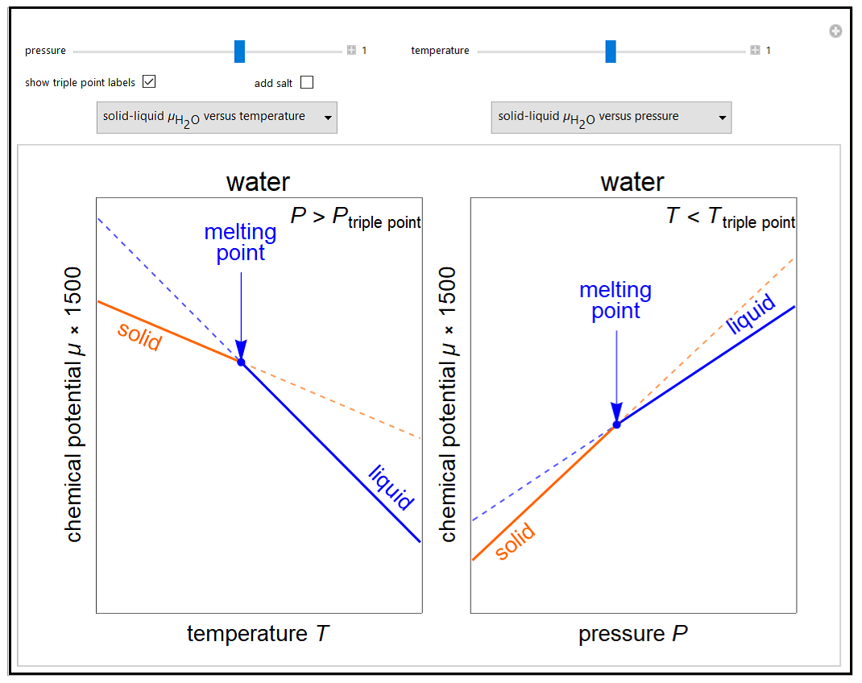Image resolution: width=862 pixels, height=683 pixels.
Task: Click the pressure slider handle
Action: coord(239,51)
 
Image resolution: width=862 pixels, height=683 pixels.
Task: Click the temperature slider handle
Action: coord(611,51)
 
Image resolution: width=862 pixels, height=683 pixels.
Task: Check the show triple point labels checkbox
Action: coord(148,81)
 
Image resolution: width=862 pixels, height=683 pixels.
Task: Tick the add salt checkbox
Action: coord(307,82)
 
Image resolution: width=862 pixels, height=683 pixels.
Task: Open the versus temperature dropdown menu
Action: coord(217,118)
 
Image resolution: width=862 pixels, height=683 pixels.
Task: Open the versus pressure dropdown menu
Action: coord(611,118)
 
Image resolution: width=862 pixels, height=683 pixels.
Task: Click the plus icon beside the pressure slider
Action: coord(351,51)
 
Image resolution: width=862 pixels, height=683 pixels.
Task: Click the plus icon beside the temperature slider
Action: coord(755,51)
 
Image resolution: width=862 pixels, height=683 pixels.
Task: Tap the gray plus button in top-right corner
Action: coord(835,31)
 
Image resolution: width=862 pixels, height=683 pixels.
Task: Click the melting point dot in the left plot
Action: coord(241,362)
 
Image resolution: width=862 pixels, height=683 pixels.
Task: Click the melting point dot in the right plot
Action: coord(616,424)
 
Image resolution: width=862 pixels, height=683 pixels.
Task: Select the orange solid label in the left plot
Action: coord(139,336)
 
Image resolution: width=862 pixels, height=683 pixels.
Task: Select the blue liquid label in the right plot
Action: coord(751,314)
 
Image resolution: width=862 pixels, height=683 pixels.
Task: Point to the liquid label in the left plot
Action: coord(392,487)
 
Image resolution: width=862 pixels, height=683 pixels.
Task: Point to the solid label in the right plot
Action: coord(515,542)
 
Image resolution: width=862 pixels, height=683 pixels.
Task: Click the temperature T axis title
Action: coord(258,634)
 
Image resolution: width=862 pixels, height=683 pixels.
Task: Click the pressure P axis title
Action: coord(632,634)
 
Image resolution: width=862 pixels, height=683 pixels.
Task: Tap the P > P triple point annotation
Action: coord(355,218)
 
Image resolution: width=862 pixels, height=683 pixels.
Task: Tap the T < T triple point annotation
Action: coord(731,218)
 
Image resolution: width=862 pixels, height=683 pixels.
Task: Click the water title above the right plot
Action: coord(632,182)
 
